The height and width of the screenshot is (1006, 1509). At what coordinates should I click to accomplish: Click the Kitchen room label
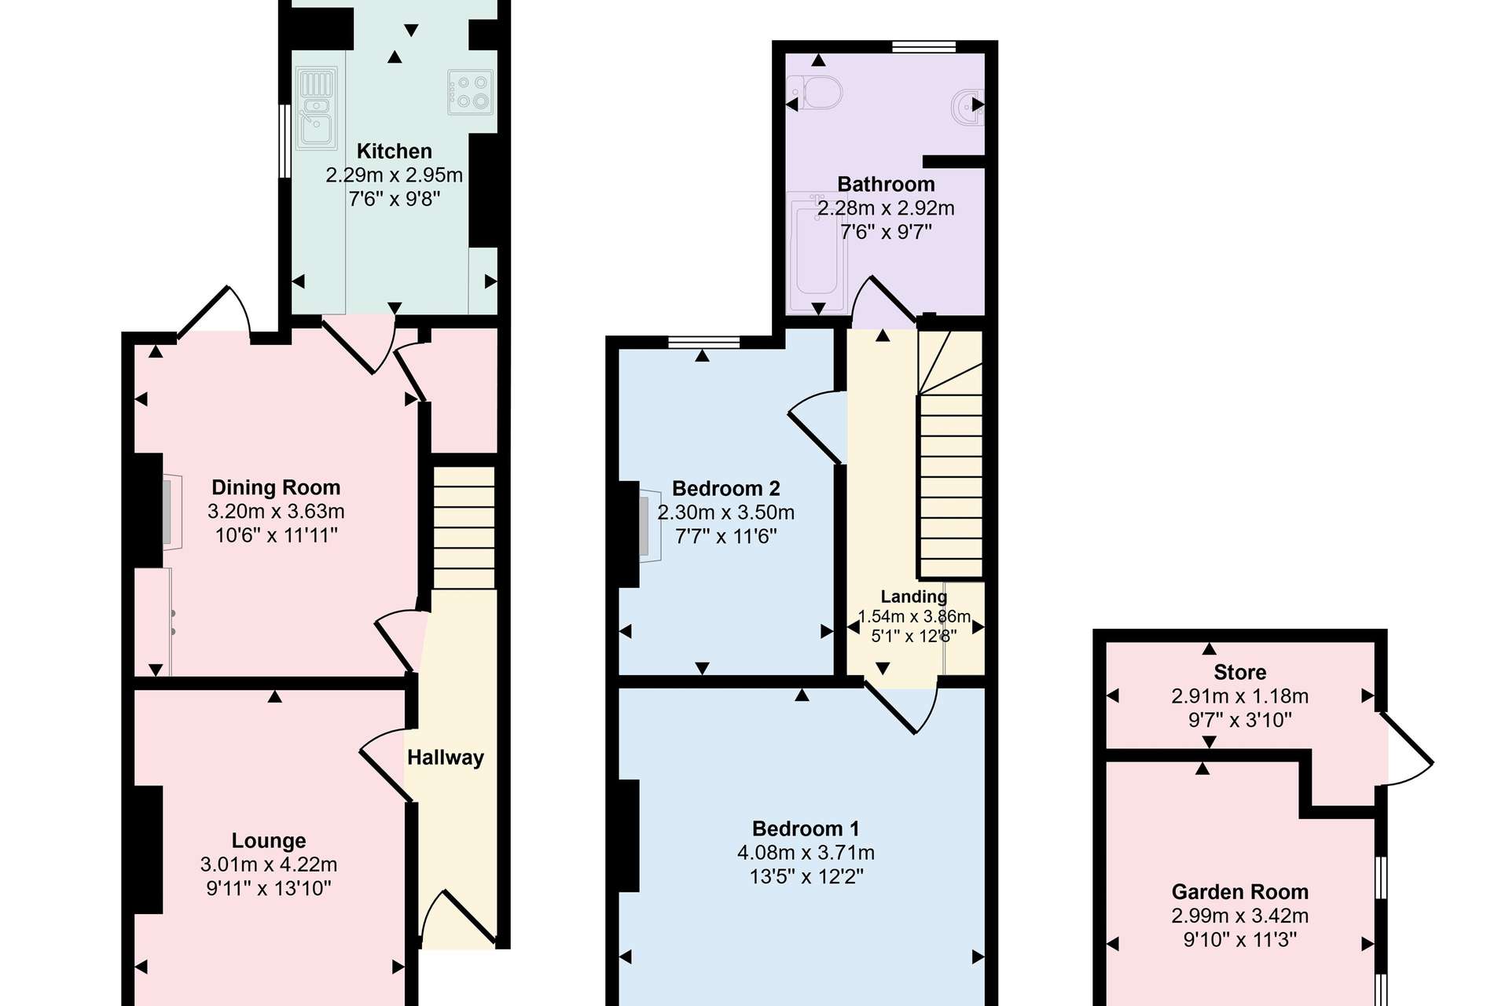395,151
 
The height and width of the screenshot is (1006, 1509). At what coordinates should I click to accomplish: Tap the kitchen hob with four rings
471,92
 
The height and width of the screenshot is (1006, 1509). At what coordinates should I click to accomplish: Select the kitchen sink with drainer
317,108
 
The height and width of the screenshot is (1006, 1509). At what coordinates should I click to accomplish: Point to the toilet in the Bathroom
814,94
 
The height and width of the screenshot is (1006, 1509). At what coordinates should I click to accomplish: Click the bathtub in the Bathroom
817,251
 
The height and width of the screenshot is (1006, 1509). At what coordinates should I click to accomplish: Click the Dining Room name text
276,487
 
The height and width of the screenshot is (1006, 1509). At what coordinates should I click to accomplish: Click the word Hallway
446,758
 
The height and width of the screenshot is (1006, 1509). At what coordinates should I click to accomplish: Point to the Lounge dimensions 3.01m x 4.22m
269,865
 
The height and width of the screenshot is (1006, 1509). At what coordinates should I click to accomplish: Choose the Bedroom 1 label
806,828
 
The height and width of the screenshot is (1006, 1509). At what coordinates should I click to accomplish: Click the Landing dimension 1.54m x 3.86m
914,616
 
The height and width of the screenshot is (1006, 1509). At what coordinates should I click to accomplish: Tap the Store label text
1240,672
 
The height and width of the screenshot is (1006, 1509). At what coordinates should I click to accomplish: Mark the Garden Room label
1240,892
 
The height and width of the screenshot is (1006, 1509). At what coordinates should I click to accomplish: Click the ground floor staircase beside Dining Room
464,527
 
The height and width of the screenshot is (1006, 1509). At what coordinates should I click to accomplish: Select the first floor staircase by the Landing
951,455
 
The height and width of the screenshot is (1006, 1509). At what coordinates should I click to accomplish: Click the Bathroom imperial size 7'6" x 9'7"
886,232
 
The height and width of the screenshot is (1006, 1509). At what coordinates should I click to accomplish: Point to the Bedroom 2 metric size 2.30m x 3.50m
726,512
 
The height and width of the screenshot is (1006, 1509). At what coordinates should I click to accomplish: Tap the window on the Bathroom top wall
924,46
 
